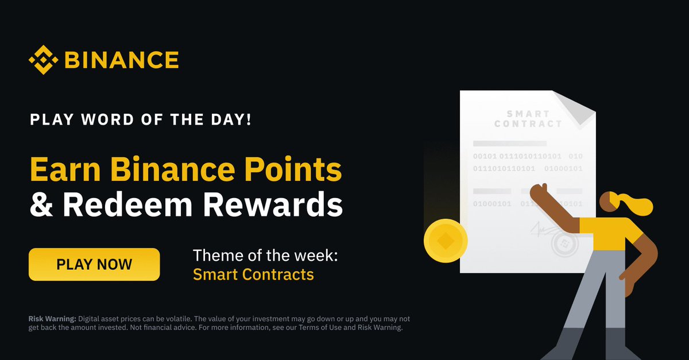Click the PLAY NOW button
94,265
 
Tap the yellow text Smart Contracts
253,274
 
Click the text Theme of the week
265,255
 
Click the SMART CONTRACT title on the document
528,119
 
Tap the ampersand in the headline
41,204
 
